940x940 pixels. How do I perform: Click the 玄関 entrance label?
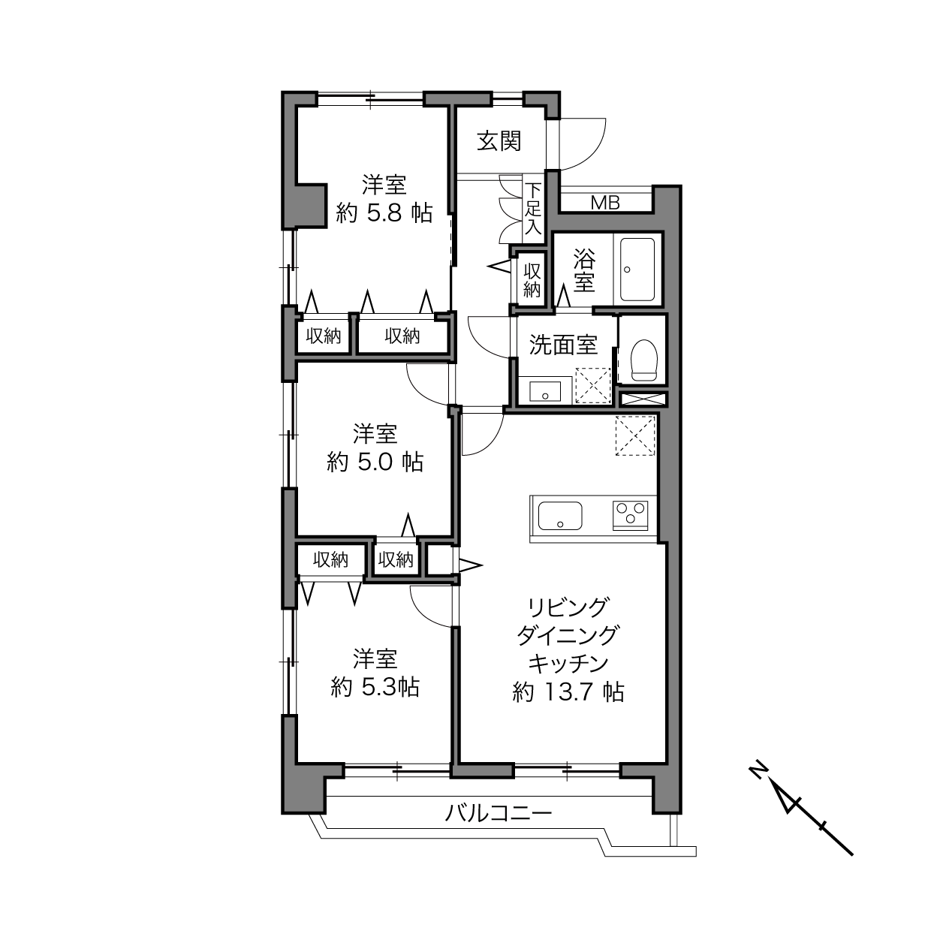coord(499,141)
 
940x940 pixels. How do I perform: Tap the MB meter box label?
coord(605,203)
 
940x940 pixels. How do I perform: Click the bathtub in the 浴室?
coord(637,270)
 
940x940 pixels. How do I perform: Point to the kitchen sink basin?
coord(559,516)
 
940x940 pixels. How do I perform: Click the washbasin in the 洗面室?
coord(545,390)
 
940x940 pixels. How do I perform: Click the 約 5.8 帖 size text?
coord(384,213)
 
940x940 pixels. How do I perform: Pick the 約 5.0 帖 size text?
coord(375,462)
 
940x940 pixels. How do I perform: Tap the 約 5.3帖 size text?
coord(375,687)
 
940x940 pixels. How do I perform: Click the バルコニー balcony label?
coord(499,812)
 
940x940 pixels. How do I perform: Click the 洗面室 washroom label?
coord(563,345)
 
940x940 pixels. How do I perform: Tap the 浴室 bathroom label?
coord(584,270)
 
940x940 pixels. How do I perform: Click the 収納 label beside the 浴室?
coord(532,280)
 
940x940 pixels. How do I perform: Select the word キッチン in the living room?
coord(568,663)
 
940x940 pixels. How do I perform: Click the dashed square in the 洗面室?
coord(593,385)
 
